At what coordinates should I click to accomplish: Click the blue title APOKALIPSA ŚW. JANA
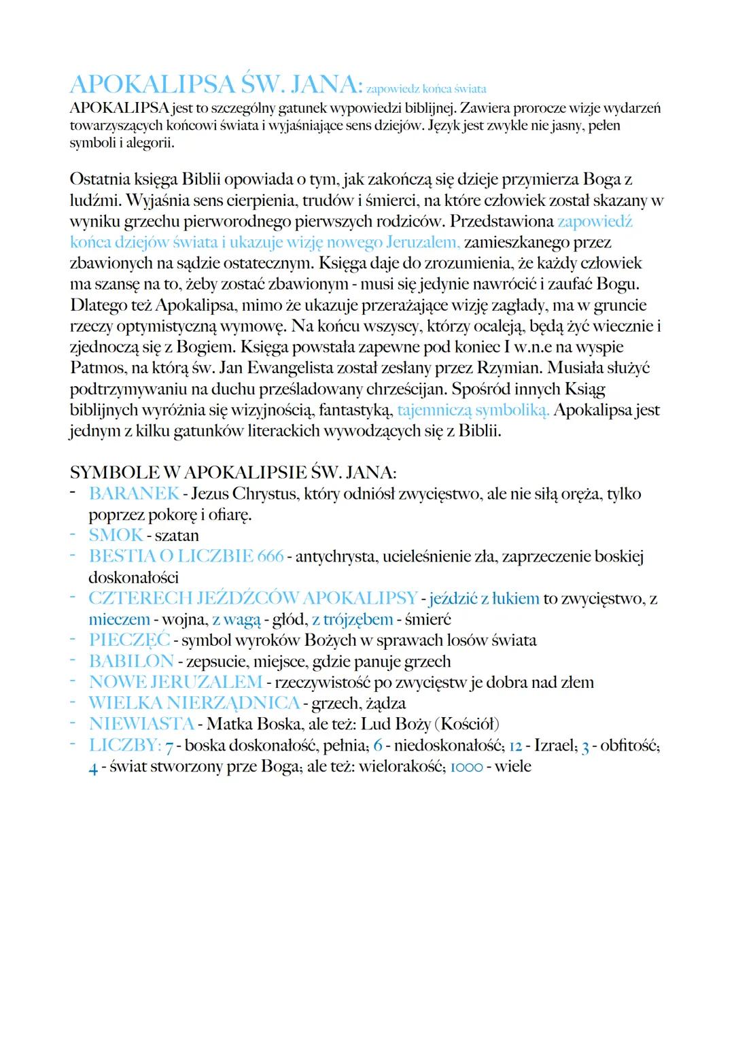(214, 84)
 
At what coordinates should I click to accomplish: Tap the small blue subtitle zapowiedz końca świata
(426, 89)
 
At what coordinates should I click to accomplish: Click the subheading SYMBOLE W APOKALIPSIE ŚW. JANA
(233, 472)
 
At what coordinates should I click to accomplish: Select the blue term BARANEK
(134, 494)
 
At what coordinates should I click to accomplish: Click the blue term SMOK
(116, 536)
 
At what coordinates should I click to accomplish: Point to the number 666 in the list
(270, 556)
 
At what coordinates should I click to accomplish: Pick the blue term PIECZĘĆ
(129, 640)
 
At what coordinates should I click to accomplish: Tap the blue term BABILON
(131, 661)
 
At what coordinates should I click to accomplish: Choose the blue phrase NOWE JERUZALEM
(175, 682)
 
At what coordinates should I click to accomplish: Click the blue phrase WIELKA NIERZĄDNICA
(194, 703)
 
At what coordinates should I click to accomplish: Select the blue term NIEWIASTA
(141, 724)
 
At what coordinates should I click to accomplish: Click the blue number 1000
(466, 767)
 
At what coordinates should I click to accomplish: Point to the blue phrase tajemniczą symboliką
(473, 411)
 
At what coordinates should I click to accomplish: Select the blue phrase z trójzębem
(352, 619)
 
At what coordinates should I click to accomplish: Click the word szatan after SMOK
(177, 536)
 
